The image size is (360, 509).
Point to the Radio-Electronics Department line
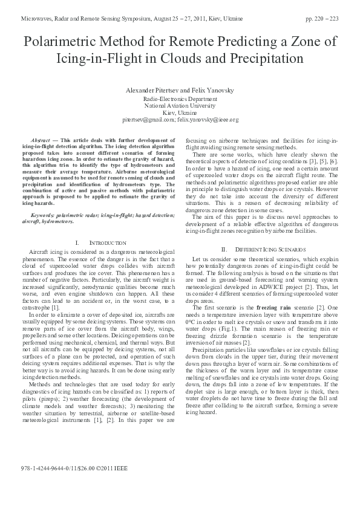(x=180, y=98)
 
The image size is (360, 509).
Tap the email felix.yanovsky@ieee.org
(x=208, y=120)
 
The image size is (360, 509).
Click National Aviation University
(x=180, y=105)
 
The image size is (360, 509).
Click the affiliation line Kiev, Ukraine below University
(x=180, y=112)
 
